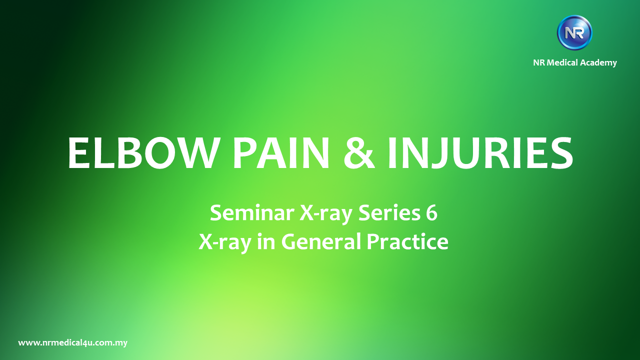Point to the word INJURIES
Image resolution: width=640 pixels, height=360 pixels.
click(480, 153)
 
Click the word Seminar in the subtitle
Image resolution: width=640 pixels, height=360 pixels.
click(252, 213)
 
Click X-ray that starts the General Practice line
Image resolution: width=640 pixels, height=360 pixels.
click(225, 243)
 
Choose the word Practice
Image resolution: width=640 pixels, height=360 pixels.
click(407, 241)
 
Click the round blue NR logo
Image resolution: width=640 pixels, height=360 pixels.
click(574, 33)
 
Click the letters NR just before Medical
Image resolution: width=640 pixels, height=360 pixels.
click(539, 62)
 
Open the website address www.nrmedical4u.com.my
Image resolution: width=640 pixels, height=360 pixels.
click(73, 343)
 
